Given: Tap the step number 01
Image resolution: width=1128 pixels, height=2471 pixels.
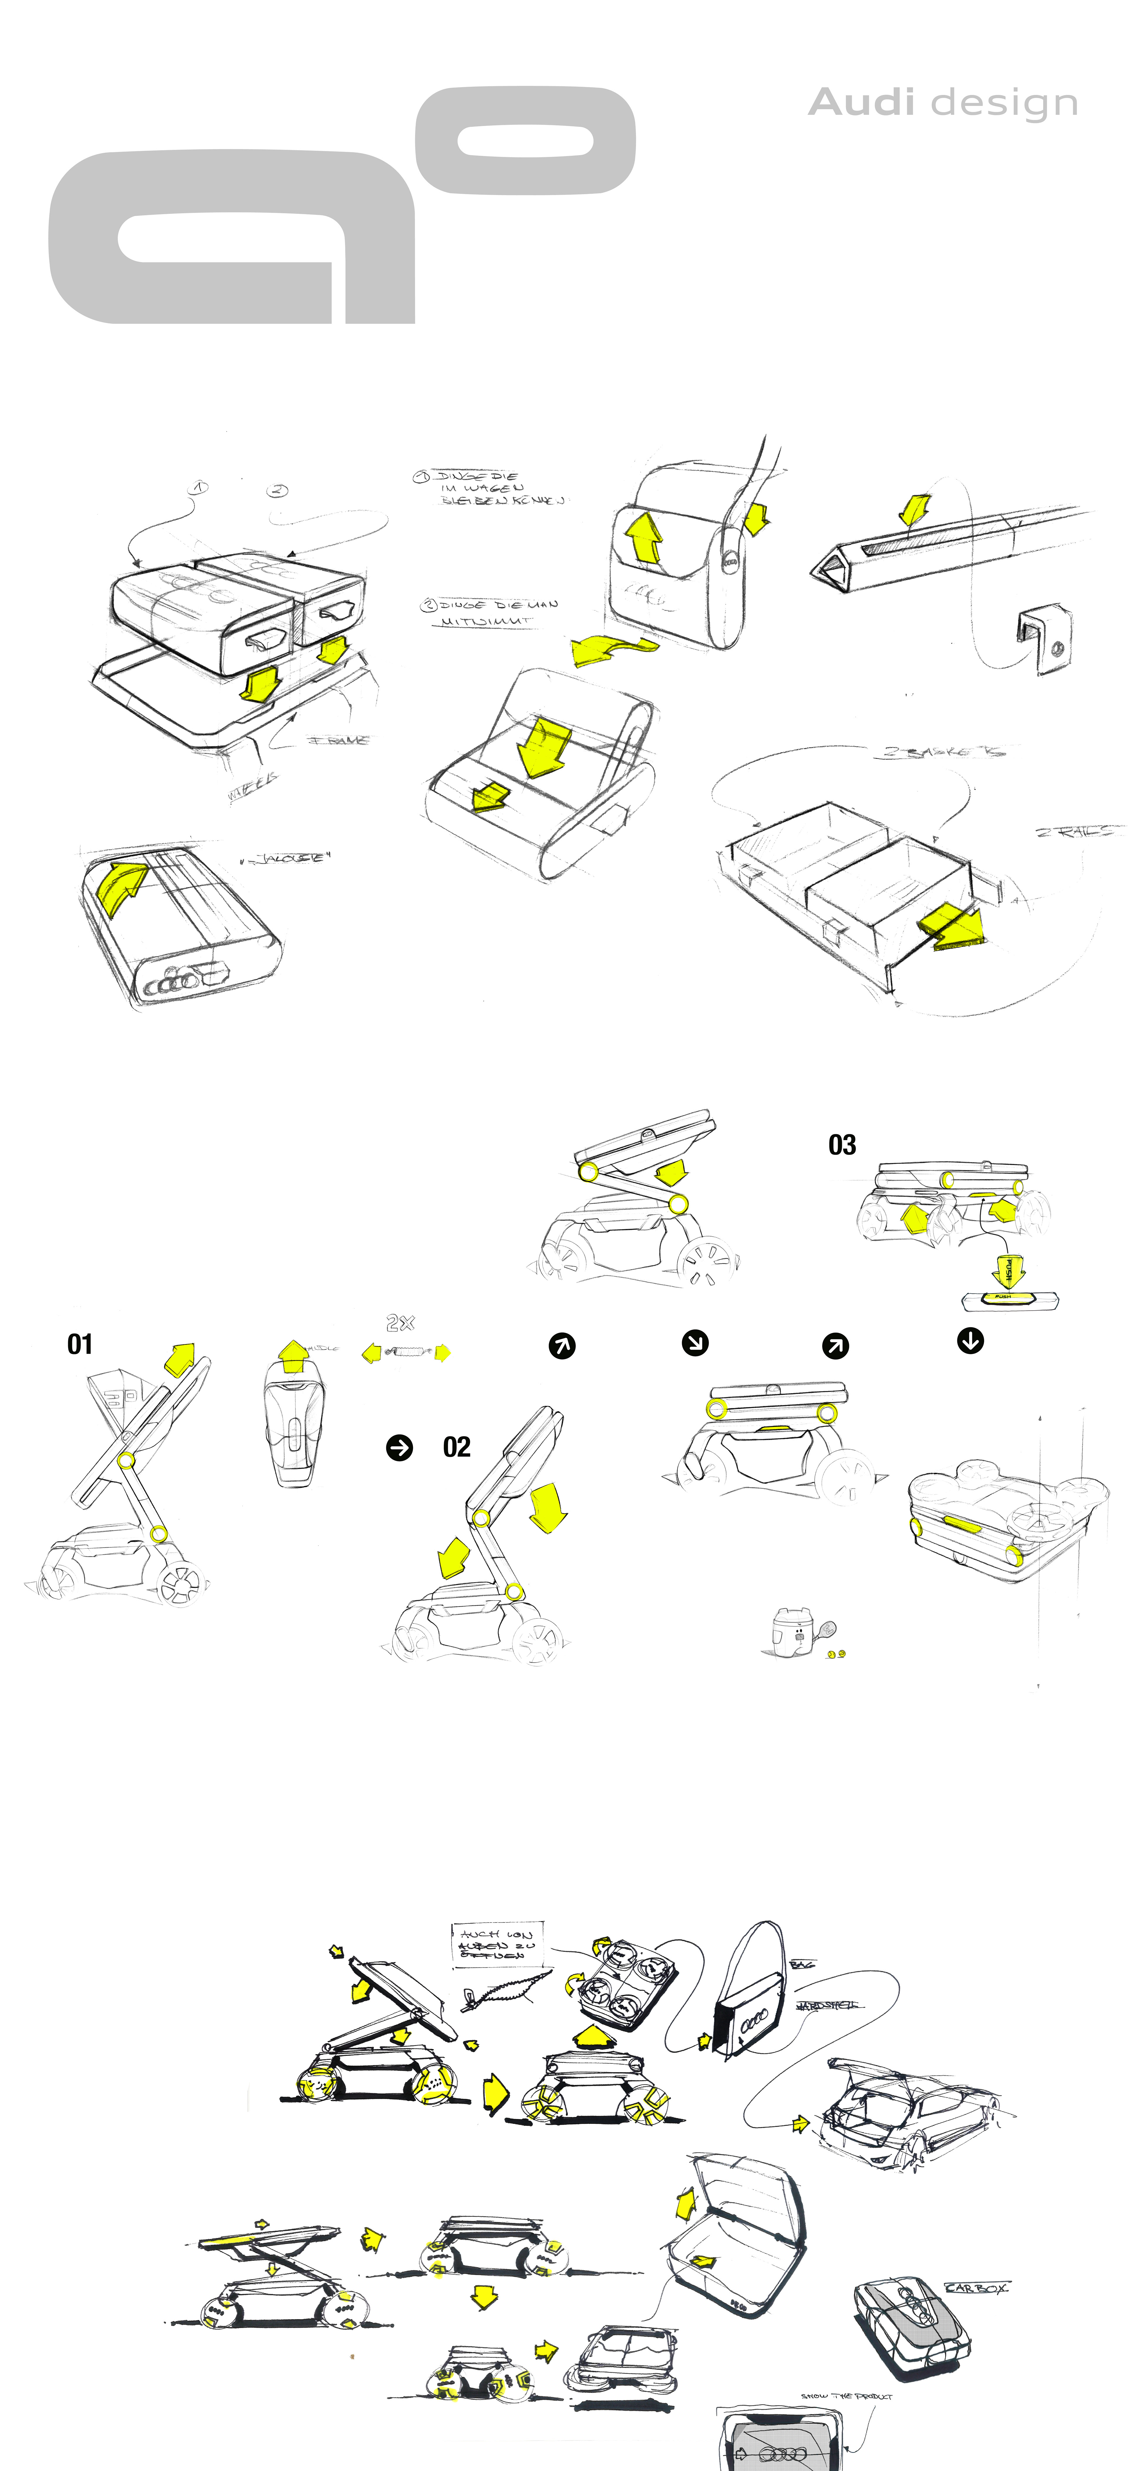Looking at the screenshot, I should (x=80, y=1344).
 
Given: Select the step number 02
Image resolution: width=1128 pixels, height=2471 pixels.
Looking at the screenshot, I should (x=456, y=1447).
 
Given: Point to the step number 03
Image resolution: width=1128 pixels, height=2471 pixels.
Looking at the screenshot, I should (x=841, y=1144).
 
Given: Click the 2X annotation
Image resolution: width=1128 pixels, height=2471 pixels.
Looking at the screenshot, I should (x=400, y=1323).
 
